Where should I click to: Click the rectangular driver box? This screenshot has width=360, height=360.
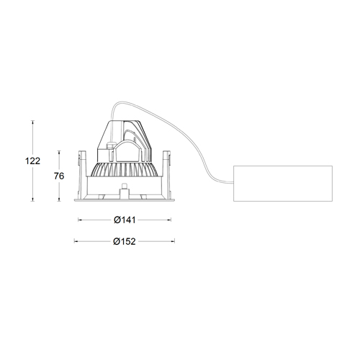pos(282,184)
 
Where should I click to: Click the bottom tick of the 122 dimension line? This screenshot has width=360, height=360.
pos(33,201)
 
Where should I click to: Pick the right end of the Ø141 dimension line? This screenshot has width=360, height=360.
pos(171,220)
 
